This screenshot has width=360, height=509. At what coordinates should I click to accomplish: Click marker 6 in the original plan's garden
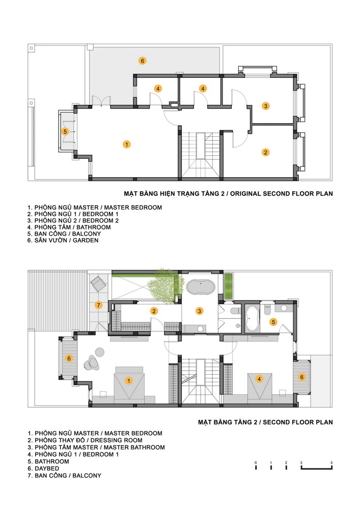142,61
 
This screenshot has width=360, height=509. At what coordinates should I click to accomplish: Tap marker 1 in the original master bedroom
127,145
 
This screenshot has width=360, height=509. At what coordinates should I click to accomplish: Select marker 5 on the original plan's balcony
65,131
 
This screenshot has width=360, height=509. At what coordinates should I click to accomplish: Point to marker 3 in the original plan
265,106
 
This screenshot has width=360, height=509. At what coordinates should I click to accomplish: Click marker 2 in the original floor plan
265,152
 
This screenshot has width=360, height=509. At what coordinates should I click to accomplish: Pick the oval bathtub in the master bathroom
201,287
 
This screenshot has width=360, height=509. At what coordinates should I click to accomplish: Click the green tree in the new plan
163,286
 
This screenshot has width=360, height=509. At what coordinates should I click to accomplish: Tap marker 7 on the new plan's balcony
99,305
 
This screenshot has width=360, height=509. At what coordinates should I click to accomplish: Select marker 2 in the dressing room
154,311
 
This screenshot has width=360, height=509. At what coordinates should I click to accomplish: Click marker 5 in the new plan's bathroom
273,322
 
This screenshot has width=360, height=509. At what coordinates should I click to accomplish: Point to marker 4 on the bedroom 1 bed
259,379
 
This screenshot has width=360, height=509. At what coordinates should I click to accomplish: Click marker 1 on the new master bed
128,380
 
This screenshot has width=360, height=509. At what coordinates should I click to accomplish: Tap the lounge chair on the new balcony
98,284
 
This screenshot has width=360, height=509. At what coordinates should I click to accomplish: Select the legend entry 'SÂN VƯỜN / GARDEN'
67,240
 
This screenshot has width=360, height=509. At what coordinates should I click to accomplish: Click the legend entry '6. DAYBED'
43,468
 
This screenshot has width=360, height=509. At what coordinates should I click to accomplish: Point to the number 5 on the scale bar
331,463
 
